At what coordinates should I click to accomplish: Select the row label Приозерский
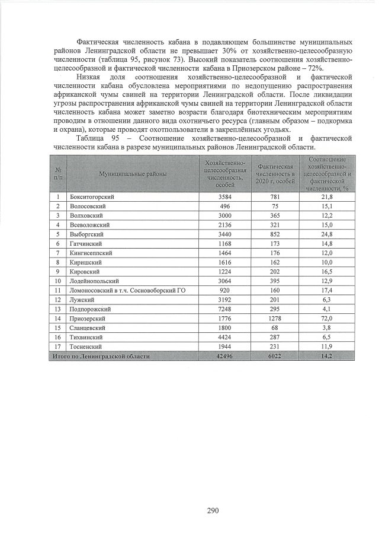(x=88, y=318)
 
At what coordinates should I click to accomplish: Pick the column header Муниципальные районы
(x=133, y=173)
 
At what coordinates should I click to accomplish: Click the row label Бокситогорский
(x=92, y=196)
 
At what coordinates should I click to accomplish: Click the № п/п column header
(x=58, y=173)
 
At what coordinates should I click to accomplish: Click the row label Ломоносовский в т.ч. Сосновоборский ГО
(x=123, y=290)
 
